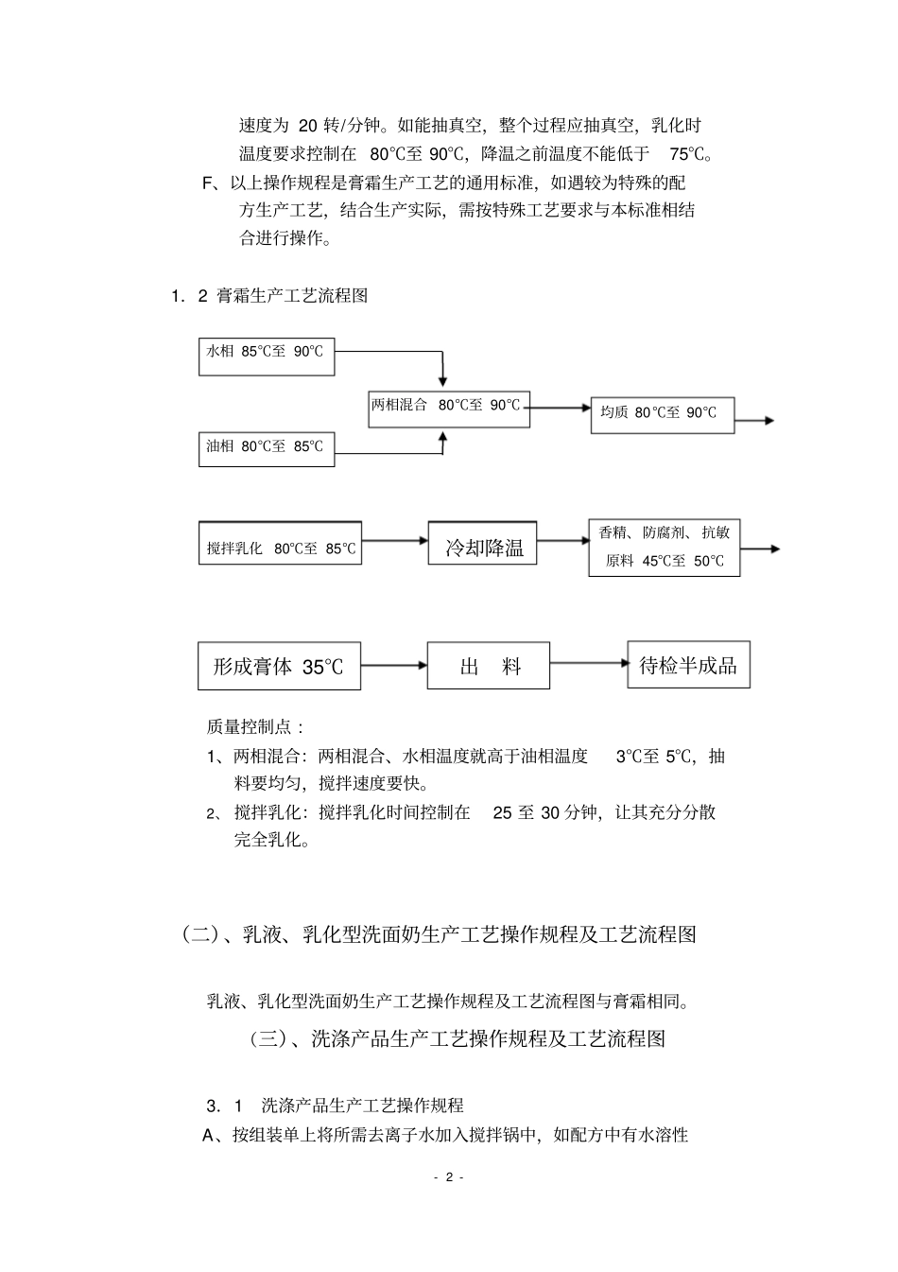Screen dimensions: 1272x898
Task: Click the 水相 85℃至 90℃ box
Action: click(266, 356)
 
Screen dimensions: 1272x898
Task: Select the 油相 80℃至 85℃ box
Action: click(266, 445)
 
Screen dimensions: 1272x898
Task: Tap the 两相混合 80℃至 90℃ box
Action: click(447, 408)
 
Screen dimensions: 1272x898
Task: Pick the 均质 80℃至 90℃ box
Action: click(662, 414)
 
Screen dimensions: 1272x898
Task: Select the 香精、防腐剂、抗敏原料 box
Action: click(664, 548)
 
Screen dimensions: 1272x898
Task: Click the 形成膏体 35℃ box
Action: click(279, 666)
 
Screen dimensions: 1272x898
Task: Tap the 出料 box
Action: click(489, 666)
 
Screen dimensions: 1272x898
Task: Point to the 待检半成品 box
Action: click(688, 666)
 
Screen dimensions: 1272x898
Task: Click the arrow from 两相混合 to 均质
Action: click(560, 408)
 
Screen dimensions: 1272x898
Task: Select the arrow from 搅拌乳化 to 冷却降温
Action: click(394, 542)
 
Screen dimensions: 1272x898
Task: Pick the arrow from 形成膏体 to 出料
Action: click(393, 665)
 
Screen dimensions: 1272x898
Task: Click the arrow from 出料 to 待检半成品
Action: click(588, 663)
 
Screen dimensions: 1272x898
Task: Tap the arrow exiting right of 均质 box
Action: click(754, 421)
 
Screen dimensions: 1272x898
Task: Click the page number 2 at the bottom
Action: click(449, 1177)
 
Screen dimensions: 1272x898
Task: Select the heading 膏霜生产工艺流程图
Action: click(292, 296)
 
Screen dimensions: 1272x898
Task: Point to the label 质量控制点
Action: click(255, 726)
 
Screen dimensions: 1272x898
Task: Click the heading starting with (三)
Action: click(458, 1038)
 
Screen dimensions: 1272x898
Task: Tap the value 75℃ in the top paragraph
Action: click(689, 154)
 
